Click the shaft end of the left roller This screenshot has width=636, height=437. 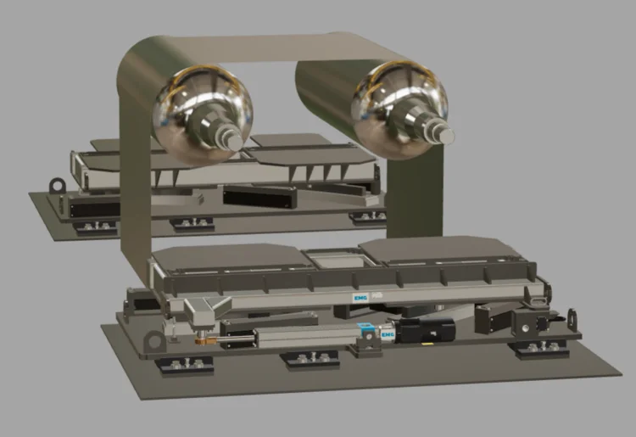[233, 142]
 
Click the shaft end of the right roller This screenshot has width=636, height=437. [444, 135]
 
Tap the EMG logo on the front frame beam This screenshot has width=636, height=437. [360, 298]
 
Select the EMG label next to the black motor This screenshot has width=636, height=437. [388, 334]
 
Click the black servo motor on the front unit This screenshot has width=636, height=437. [426, 329]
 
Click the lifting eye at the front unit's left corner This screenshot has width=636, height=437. [155, 341]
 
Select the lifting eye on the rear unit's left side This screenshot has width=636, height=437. [57, 186]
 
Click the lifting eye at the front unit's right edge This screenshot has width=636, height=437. [572, 318]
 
